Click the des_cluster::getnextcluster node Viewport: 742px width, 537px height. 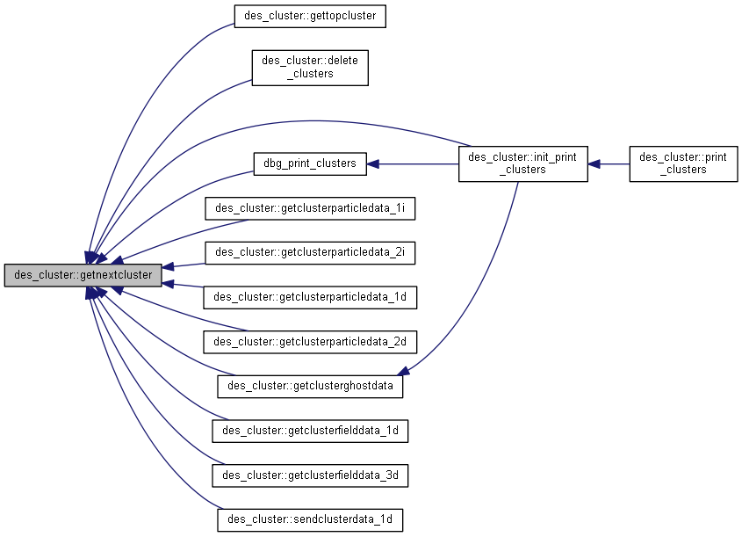click(83, 275)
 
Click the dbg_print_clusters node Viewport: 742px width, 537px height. click(310, 163)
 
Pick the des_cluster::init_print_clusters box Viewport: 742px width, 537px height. click(522, 163)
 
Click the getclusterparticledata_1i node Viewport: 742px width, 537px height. click(310, 208)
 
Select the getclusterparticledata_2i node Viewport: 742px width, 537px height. click(310, 253)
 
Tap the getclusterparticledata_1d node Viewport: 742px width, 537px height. click(310, 297)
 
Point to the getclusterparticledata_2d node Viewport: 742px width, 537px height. click(310, 341)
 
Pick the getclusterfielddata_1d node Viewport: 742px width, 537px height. click(310, 431)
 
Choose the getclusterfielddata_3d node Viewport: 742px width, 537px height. click(310, 475)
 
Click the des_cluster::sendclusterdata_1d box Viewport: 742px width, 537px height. click(310, 519)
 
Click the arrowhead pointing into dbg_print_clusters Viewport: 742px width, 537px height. click(372, 163)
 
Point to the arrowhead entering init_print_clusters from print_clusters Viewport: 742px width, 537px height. click(594, 163)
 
